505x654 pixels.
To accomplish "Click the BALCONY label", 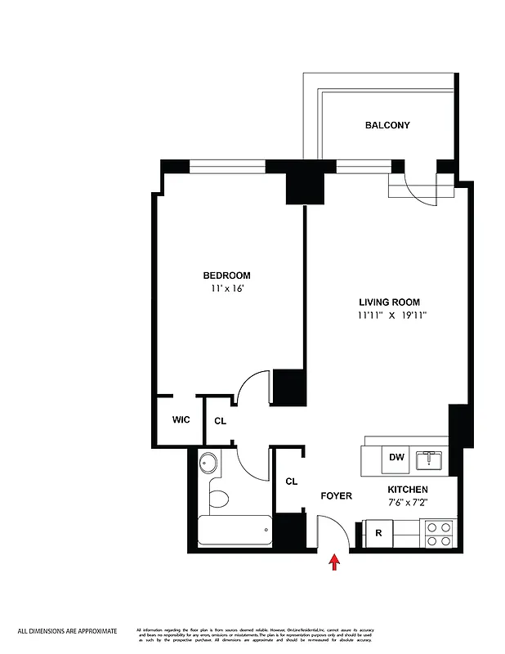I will [x=387, y=125].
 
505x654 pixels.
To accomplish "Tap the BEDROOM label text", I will [x=226, y=275].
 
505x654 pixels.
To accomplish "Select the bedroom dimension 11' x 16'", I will [x=226, y=289].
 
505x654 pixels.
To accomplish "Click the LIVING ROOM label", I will [x=389, y=302].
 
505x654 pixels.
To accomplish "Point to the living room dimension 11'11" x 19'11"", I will [x=392, y=315].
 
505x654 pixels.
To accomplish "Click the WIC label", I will [x=181, y=419].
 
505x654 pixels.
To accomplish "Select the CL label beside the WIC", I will [x=220, y=421].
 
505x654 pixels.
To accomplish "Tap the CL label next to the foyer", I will [x=291, y=482].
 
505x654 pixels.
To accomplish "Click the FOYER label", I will [x=335, y=495].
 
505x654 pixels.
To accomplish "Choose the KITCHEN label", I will [x=407, y=489].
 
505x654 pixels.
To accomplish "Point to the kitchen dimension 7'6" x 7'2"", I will [x=408, y=501].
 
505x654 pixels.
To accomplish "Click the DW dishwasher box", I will [x=396, y=458].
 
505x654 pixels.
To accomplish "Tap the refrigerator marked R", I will [x=378, y=533].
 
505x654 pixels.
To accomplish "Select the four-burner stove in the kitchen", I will [x=437, y=534].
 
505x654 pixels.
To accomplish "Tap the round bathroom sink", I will [x=209, y=464].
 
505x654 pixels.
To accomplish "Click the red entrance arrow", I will [x=333, y=562].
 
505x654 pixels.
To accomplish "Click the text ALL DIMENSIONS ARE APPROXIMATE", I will [x=68, y=631].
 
